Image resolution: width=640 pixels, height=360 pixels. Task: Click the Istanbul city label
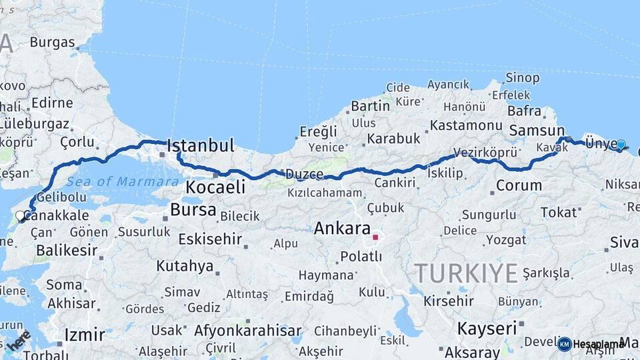pos(201,145)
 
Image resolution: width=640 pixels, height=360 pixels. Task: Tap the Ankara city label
pos(342,228)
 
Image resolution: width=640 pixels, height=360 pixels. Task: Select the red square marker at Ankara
pos(375,237)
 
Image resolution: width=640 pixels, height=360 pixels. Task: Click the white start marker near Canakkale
pos(20,215)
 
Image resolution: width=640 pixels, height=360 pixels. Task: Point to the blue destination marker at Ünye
pos(621,144)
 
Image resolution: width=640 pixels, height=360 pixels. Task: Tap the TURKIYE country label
pos(466,273)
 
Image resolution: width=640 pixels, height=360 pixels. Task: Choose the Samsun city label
pos(537,131)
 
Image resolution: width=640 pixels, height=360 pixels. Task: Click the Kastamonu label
pos(466,125)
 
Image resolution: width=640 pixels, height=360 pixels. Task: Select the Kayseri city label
pos(487,328)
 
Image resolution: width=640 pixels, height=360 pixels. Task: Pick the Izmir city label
pos(85,334)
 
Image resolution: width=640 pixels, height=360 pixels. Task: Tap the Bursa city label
pos(193,210)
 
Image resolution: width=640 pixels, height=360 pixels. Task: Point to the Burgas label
pos(52,43)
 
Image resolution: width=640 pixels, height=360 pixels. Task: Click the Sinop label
pos(522,78)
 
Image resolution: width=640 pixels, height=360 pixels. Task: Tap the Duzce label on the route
pos(304,175)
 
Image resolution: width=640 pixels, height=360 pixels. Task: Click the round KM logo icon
pos(564,344)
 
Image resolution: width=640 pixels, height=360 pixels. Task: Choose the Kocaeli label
pos(215,187)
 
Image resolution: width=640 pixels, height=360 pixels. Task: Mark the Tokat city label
pos(559,212)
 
